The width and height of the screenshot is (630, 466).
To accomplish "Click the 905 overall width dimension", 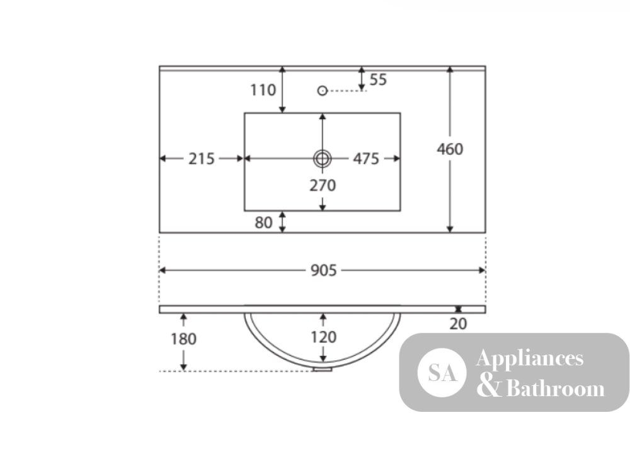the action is [x=323, y=270].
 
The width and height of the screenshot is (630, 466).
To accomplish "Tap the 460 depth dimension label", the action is [x=450, y=149].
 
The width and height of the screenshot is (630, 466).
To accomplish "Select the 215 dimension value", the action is [x=202, y=159].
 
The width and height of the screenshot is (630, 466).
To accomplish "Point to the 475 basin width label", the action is [x=366, y=159].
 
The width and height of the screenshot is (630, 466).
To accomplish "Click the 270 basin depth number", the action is [x=323, y=185].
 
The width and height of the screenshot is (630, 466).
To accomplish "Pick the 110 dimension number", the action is [x=263, y=90].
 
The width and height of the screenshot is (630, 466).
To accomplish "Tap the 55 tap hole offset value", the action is [x=378, y=79].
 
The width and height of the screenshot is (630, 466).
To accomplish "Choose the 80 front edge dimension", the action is [x=263, y=222].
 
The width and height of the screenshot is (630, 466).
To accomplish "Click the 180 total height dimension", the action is [x=183, y=339].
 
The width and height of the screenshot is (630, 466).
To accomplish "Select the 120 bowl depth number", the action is [x=323, y=337].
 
